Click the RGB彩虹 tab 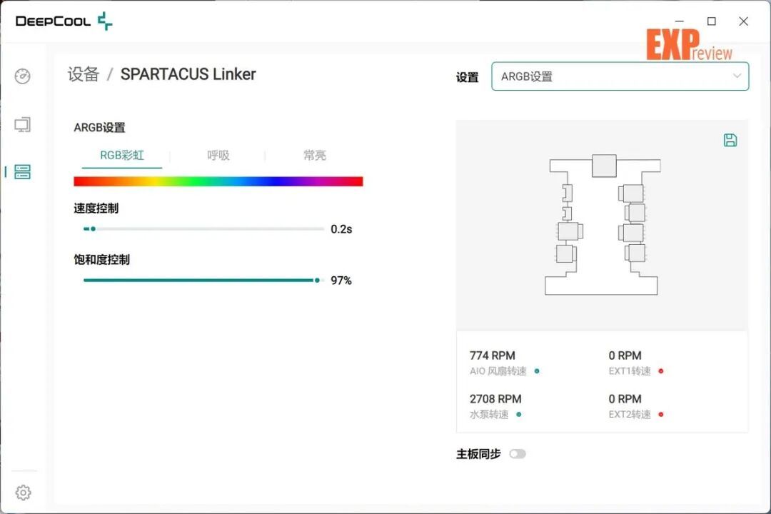pos(122,156)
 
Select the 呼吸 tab pos(218,156)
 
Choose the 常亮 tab pos(315,156)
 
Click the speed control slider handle pos(93,228)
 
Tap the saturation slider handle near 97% pos(317,281)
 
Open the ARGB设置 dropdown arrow pos(737,76)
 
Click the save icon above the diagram pos(730,140)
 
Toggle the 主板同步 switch pos(518,453)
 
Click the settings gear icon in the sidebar pos(23,493)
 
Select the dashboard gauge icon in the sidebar pos(23,76)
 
